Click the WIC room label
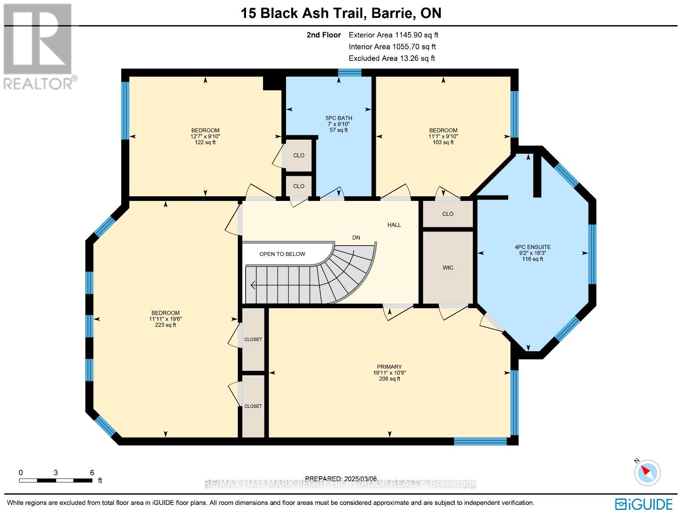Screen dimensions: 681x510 coord(448,268)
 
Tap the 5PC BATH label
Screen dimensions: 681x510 coord(338,118)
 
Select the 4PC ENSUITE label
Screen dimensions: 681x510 coord(532,247)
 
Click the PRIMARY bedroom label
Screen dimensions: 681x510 coord(389,367)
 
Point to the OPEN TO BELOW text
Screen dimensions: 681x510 coord(282,254)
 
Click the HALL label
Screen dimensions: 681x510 coord(394,225)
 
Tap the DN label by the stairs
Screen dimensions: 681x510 coord(356,238)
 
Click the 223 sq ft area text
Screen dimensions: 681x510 coord(166,325)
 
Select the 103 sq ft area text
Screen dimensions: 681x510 coord(443,142)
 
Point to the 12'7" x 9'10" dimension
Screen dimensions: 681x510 coord(205,137)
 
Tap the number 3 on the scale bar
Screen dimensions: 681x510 coord(55,473)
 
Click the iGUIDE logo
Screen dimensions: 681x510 coord(644,504)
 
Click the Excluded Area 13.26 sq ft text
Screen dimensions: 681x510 coord(392,58)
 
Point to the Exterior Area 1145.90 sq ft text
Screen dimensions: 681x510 coord(393,35)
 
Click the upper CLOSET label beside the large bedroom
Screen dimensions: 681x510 coord(253,339)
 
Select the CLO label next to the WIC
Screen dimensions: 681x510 coord(448,214)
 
